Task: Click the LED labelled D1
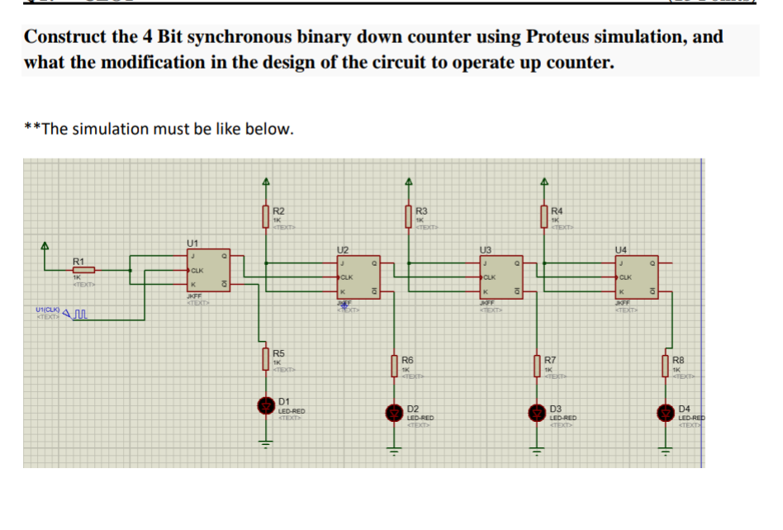pyautogui.click(x=266, y=405)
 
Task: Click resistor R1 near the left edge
pyautogui.click(x=83, y=269)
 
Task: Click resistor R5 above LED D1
pyautogui.click(x=266, y=359)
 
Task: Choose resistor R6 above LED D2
pyautogui.click(x=395, y=365)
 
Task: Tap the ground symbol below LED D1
pyautogui.click(x=266, y=439)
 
